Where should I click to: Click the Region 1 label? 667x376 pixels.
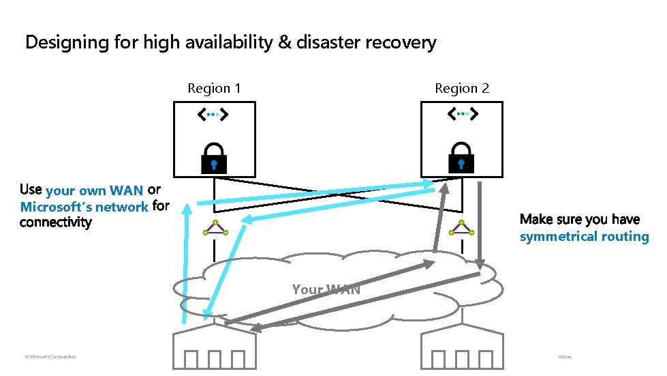(214, 88)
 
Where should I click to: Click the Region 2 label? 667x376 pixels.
(462, 88)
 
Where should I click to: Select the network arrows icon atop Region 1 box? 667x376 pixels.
(214, 115)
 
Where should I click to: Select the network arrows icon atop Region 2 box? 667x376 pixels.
(462, 115)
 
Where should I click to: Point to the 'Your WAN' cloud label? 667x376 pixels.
(326, 289)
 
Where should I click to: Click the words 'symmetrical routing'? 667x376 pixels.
(584, 237)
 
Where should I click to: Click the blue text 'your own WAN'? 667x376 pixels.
(94, 190)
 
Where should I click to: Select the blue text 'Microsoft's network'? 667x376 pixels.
(84, 207)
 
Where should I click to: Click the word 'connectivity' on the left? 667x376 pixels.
(56, 222)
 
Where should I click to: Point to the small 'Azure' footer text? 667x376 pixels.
(565, 356)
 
